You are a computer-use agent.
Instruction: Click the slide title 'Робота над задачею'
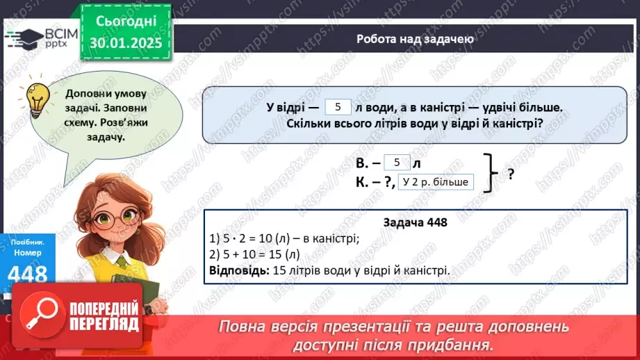coord(415,39)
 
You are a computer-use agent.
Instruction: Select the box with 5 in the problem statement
coord(338,107)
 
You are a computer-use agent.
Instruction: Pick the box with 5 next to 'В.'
coord(397,163)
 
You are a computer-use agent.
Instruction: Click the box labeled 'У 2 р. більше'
coord(436,182)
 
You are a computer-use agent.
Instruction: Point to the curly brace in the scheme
coord(491,173)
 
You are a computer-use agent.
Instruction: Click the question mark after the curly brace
coord(511,174)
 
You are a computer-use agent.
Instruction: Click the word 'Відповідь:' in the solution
coord(236,270)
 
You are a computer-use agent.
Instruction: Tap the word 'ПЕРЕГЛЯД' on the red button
coord(104,324)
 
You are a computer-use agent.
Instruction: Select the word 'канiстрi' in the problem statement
coord(453,108)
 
